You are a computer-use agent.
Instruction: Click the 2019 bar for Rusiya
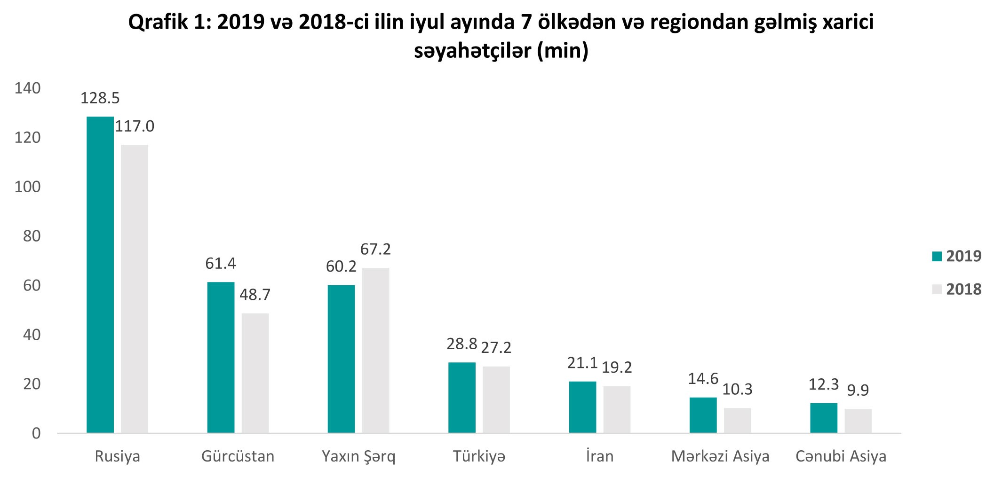tap(100, 274)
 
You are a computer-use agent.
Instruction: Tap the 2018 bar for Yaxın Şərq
tap(375, 350)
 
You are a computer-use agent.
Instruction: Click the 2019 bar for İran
tap(582, 407)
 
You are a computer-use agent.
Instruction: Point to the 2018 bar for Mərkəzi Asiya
tap(737, 420)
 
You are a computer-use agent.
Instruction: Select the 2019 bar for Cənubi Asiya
tap(824, 418)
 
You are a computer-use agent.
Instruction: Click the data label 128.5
tap(100, 98)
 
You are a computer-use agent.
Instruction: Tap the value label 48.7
tap(255, 295)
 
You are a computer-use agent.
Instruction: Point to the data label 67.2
tap(375, 249)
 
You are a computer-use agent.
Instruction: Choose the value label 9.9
tap(858, 390)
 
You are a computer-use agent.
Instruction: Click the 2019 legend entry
tap(957, 256)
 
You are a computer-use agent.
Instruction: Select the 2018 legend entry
tap(957, 289)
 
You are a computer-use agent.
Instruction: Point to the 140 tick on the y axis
tap(28, 88)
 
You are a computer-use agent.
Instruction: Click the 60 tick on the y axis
tap(32, 285)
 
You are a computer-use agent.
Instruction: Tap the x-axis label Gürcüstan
tap(238, 456)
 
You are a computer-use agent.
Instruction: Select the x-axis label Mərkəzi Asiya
tap(720, 456)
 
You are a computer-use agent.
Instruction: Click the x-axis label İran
tap(600, 456)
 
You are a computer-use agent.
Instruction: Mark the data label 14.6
tap(703, 379)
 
